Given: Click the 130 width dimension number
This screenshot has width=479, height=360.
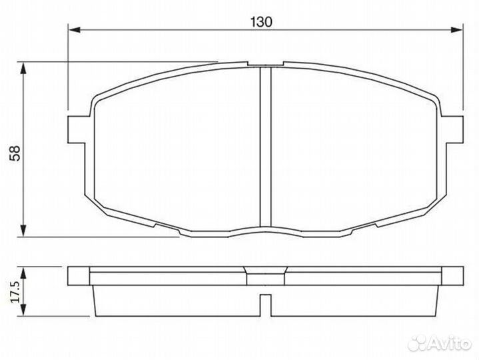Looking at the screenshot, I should [262, 21].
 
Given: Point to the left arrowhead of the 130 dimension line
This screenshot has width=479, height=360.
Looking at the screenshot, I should [75, 29].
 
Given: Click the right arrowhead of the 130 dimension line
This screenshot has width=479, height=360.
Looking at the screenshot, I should [456, 29].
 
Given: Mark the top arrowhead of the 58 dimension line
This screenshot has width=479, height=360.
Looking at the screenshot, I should [24, 67].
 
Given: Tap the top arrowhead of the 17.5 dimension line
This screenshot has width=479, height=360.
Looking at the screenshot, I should [24, 271].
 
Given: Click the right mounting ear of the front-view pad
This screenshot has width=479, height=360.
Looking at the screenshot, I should [453, 129].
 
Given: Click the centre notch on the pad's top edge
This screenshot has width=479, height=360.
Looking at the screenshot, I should [265, 65].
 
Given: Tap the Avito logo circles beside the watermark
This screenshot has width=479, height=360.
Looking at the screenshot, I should [418, 342].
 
